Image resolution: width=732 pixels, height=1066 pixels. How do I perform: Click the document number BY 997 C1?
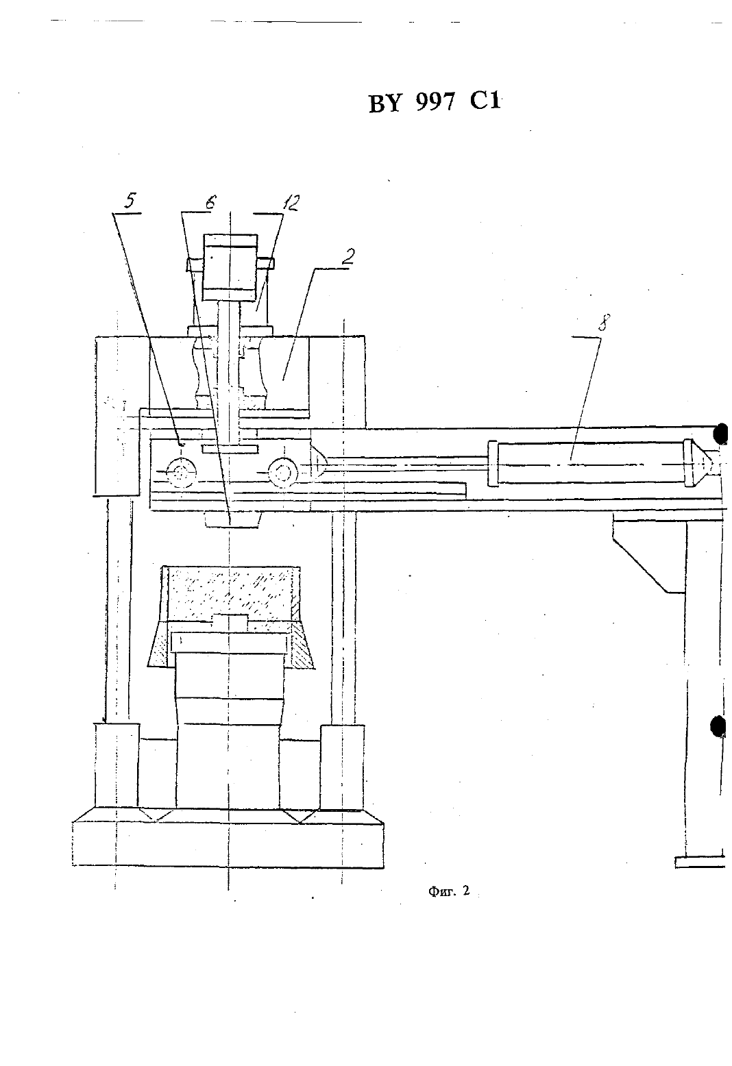coord(435,102)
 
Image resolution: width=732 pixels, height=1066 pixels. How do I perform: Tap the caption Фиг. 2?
coord(449,891)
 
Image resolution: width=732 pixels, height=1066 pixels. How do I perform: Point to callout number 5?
coord(130,200)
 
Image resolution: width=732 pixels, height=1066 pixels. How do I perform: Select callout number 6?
coord(210,202)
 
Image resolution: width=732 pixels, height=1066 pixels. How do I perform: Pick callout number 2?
coord(348,257)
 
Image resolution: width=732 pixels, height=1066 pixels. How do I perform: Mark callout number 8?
coord(603,323)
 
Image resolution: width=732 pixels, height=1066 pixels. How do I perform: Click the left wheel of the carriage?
coord(181,473)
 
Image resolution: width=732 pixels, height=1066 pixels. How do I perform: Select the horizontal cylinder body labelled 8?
coord(589,464)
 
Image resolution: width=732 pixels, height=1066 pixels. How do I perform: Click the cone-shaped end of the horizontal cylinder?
coord(703,463)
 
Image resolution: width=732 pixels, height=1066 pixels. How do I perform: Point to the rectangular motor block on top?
coord(230,267)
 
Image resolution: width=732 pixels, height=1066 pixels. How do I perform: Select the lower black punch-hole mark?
coord(718,726)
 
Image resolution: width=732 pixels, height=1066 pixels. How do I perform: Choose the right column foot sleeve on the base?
coord(343,767)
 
